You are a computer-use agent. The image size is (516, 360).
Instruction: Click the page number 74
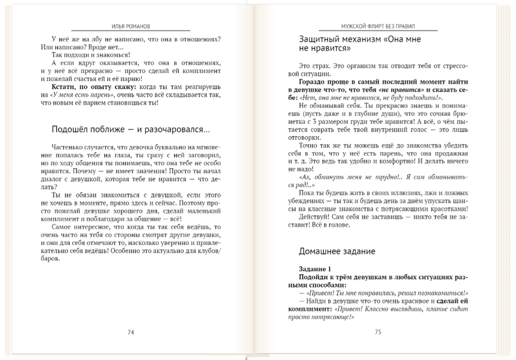(131, 332)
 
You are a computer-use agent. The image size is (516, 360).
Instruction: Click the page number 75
(378, 332)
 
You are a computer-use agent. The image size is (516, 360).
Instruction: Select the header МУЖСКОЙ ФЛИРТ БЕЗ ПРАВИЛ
(378, 25)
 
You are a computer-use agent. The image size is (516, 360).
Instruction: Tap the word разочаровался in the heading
(175, 129)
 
